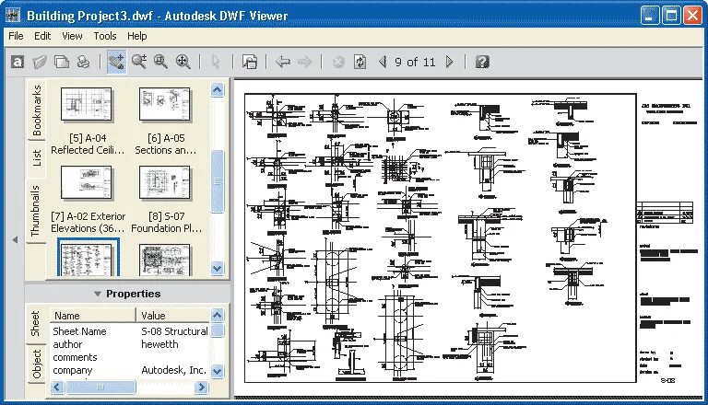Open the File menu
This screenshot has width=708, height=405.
(16, 36)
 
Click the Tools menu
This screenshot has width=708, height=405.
(105, 36)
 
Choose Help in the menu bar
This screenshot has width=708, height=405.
(137, 36)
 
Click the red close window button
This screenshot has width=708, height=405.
(692, 14)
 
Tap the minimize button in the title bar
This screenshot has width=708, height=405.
(650, 14)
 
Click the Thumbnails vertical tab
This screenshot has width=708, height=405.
(37, 211)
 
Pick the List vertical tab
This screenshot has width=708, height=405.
(37, 157)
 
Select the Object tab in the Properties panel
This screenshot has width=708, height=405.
(37, 364)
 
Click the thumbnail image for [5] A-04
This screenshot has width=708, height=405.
(86, 104)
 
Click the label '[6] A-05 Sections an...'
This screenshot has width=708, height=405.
(166, 144)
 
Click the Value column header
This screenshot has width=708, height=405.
(153, 315)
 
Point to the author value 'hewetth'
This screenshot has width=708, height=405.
(160, 344)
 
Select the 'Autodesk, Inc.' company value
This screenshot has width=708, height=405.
(173, 370)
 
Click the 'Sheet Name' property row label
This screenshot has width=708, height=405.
(79, 331)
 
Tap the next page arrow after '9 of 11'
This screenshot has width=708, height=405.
(450, 62)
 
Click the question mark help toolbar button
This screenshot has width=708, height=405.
(481, 62)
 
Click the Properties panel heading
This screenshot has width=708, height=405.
(133, 294)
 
